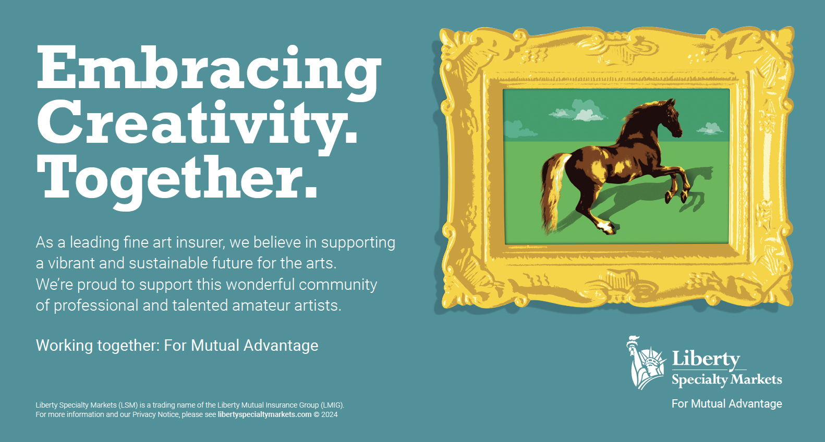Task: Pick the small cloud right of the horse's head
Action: point(710,129)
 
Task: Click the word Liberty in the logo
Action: point(706,359)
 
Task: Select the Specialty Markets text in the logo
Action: point(726,379)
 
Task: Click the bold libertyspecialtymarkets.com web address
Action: point(264,414)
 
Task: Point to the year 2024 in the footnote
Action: point(329,414)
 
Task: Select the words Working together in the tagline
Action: point(97,346)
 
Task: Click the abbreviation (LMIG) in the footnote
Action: point(332,405)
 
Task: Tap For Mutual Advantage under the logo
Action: point(726,404)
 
